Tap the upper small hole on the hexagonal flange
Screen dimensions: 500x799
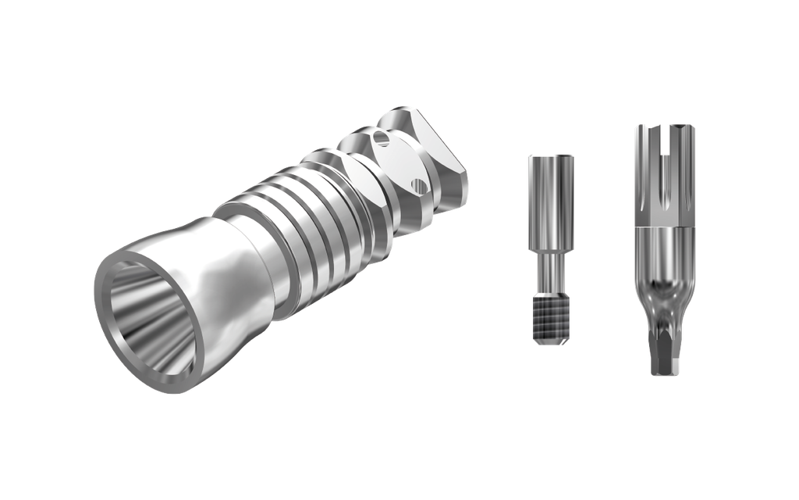coord(381,138)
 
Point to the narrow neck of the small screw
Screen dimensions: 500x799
coord(549,270)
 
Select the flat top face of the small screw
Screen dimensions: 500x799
coord(551,156)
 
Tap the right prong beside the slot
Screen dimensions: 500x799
coord(682,168)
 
